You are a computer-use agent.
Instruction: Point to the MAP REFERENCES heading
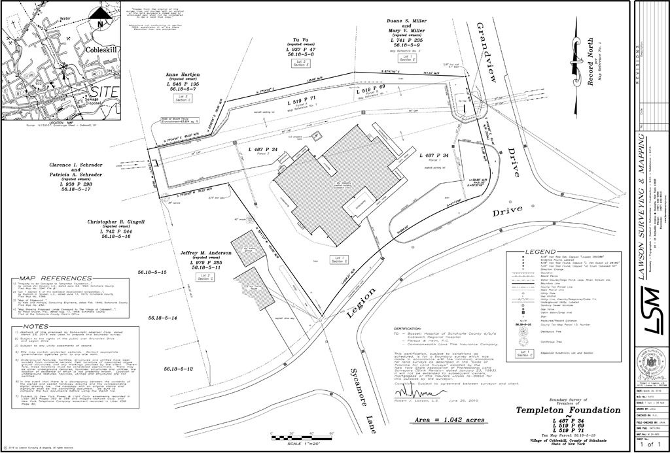coord(47,278)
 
